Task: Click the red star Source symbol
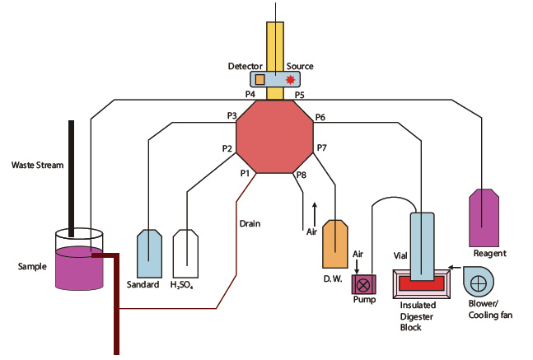click(290, 80)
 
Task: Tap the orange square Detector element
click(259, 79)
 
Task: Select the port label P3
click(231, 115)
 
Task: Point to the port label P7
click(321, 147)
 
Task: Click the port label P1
click(245, 173)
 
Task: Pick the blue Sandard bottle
click(149, 254)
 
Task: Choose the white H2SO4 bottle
click(185, 254)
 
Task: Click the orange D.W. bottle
click(334, 244)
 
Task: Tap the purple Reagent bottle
click(484, 218)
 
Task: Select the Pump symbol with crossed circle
click(364, 284)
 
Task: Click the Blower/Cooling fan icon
click(479, 282)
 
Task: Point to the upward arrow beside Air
click(315, 214)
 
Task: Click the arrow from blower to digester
click(455, 268)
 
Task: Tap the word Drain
click(250, 224)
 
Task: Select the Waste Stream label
click(37, 166)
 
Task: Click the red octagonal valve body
click(274, 137)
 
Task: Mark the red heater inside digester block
click(422, 283)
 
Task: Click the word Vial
click(400, 255)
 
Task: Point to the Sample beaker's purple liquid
click(79, 269)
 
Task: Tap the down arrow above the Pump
click(357, 267)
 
